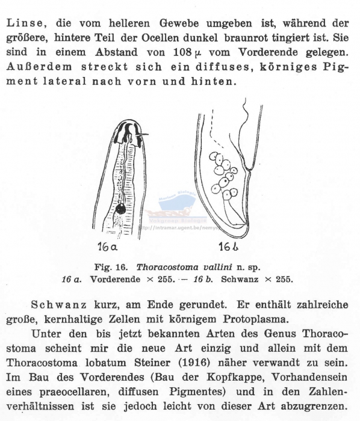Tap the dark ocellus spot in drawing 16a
(120, 209)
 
